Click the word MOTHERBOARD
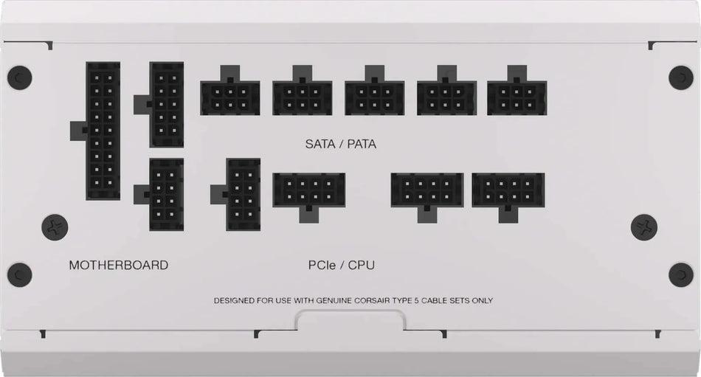pos(118,265)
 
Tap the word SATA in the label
pos(320,144)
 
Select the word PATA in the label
pos(360,144)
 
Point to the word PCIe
pos(322,264)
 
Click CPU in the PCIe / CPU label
pos(362,264)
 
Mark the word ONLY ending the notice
pos(481,301)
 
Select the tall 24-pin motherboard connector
pos(103,131)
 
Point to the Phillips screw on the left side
pos(55,226)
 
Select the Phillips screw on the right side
pos(644,226)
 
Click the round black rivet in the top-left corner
pos(19,77)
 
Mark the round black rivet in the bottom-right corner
pos(680,274)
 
